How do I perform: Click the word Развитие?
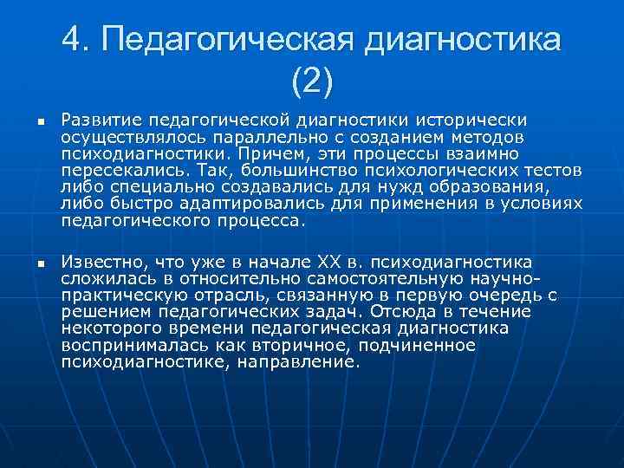click(99, 119)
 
